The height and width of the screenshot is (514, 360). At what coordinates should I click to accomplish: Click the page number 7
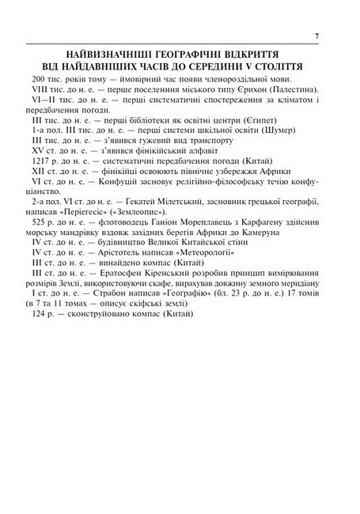(316, 36)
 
